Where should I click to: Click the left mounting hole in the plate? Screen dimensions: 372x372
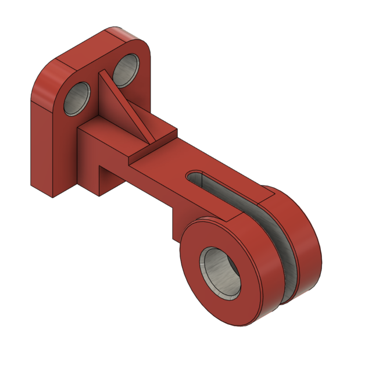pyautogui.click(x=77, y=98)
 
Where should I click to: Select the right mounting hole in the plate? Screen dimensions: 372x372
pyautogui.click(x=126, y=70)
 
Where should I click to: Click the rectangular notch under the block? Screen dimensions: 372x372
pyautogui.click(x=110, y=174)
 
